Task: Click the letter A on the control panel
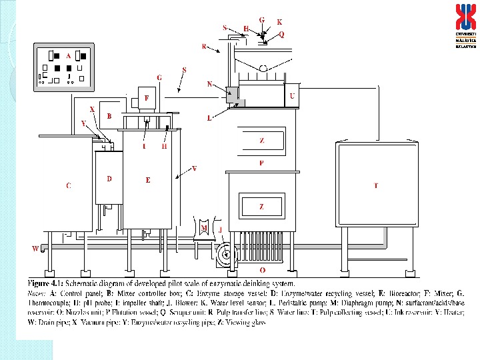(68, 56)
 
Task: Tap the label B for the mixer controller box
(109, 115)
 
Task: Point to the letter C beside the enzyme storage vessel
(68, 186)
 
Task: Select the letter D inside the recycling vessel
(109, 179)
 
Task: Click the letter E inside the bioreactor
(147, 179)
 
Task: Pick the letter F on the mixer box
(147, 97)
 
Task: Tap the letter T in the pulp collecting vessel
(376, 185)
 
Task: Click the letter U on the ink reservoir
(292, 96)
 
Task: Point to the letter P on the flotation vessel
(261, 163)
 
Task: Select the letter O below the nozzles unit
(262, 269)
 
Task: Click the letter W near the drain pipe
(35, 249)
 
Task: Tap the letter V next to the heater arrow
(194, 168)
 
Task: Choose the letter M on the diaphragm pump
(204, 227)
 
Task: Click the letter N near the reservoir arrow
(209, 85)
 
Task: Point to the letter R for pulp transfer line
(203, 46)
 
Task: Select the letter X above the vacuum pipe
(92, 109)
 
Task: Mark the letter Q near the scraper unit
(281, 34)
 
